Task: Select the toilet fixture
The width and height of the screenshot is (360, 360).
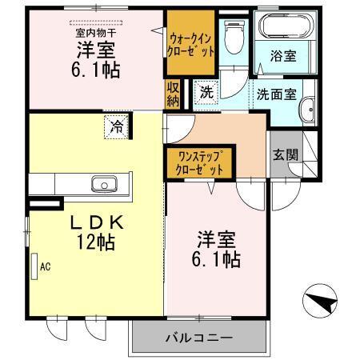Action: click(234, 36)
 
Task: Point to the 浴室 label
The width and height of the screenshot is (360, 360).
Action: click(285, 58)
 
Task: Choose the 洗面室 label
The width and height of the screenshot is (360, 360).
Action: click(277, 93)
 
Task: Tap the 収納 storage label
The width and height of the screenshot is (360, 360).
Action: click(173, 94)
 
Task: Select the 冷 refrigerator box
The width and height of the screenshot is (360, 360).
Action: click(117, 126)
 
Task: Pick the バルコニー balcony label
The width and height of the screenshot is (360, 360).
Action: click(199, 337)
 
